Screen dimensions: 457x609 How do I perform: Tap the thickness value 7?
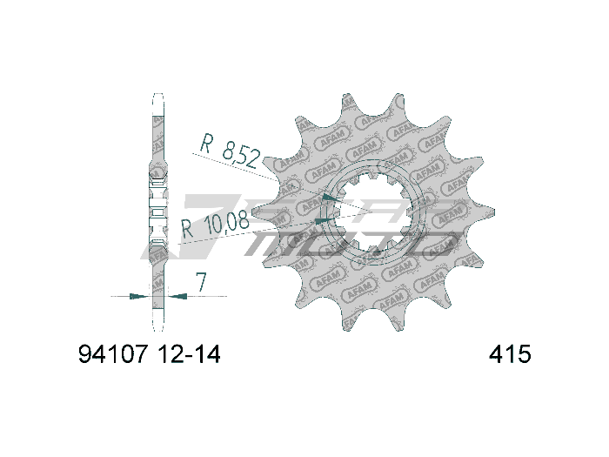(200, 281)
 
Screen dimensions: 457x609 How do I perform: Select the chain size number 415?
(510, 355)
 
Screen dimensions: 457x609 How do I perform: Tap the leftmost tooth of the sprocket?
(271, 212)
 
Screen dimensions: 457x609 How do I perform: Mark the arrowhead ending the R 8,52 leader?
(328, 198)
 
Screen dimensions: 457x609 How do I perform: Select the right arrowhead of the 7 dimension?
(178, 297)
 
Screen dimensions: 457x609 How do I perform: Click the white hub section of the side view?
(157, 212)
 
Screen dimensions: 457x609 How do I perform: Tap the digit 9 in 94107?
(85, 355)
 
